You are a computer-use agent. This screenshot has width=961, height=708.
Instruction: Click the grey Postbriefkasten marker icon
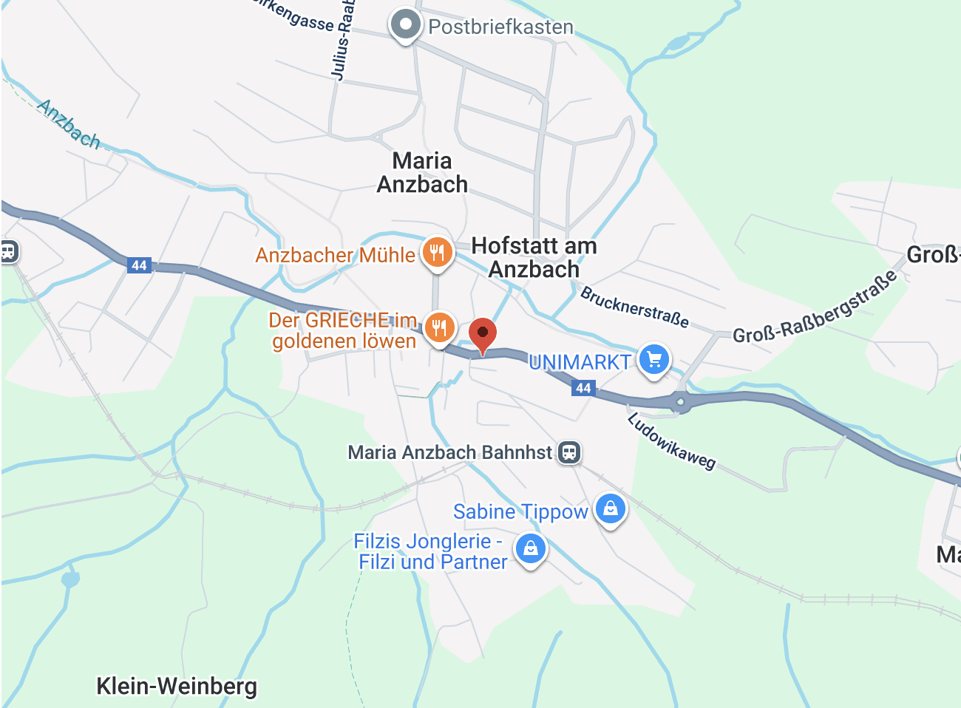[405, 24]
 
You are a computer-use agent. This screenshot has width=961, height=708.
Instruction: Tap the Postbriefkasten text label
[500, 27]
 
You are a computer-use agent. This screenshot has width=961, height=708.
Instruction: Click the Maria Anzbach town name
[422, 172]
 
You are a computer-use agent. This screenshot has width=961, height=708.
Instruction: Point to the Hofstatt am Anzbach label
[534, 257]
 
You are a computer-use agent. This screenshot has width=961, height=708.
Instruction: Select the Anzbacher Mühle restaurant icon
[438, 253]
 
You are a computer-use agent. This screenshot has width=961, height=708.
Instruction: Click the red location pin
[483, 334]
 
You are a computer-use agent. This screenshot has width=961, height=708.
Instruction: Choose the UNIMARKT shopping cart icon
[653, 360]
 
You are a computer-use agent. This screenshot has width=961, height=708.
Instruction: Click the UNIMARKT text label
[580, 362]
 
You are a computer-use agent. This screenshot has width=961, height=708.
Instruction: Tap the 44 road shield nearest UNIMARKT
[583, 388]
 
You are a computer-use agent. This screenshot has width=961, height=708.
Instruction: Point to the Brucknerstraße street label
[634, 307]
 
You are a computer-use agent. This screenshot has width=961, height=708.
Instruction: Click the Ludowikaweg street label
[671, 441]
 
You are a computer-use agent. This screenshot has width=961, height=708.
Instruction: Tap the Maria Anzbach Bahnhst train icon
[569, 452]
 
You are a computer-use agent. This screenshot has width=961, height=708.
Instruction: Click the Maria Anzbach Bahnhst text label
[449, 452]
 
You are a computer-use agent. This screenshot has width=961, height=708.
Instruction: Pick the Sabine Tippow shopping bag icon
[611, 509]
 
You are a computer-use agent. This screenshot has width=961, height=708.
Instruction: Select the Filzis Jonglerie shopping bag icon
[531, 548]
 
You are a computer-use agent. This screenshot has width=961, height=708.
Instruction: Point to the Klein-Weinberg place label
[177, 686]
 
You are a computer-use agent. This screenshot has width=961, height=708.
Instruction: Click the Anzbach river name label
[69, 124]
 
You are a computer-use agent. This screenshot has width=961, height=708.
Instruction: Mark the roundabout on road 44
[680, 402]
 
